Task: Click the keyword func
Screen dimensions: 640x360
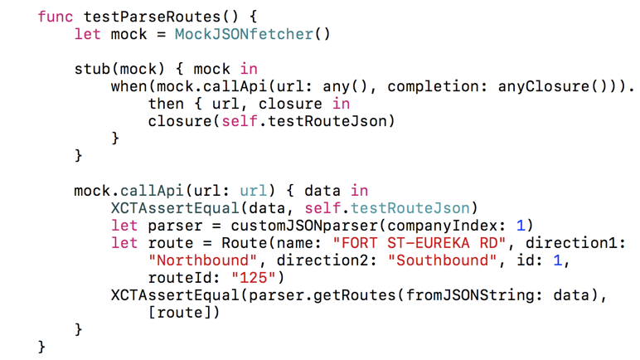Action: pyautogui.click(x=56, y=16)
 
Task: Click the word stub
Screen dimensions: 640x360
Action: pyautogui.click(x=93, y=69)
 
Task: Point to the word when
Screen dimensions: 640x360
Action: pyautogui.click(x=129, y=86)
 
